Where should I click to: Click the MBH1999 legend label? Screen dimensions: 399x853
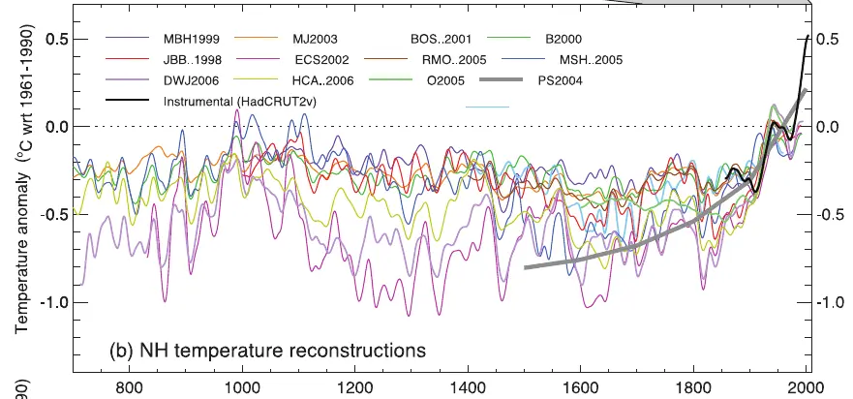click(x=193, y=40)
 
